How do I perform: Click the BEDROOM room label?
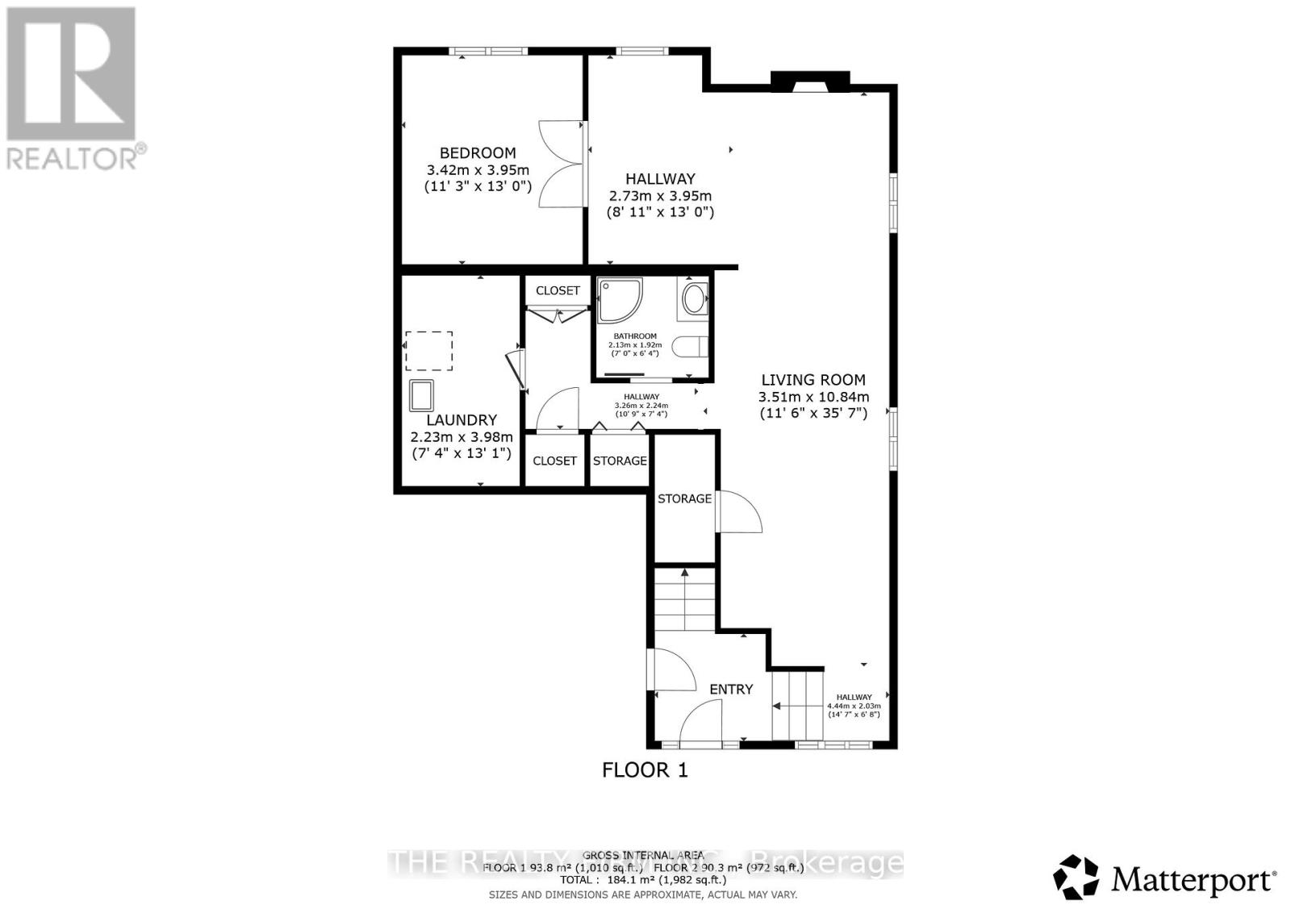(x=478, y=153)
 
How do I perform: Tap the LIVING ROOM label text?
(x=813, y=380)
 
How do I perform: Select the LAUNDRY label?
(x=462, y=420)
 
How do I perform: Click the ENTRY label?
(x=731, y=690)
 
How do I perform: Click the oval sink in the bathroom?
(x=693, y=299)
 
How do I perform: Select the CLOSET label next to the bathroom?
(x=558, y=290)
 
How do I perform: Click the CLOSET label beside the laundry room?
(x=555, y=461)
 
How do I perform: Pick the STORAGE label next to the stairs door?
(x=684, y=499)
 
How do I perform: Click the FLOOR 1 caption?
(x=645, y=770)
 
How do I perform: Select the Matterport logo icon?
(x=1076, y=878)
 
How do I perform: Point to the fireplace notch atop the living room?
(x=810, y=81)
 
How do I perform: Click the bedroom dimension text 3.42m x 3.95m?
(x=478, y=170)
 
